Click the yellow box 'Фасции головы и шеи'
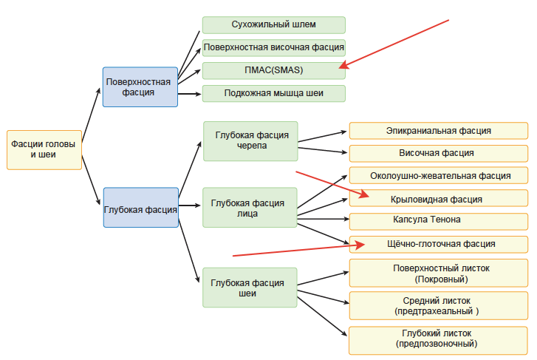(x=44, y=150)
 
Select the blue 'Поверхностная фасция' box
(x=140, y=87)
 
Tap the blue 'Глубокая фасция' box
(x=140, y=210)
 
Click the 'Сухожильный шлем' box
(x=273, y=24)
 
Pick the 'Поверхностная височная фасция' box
(x=273, y=48)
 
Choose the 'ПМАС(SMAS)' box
(x=273, y=71)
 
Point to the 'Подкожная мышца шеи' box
(x=273, y=94)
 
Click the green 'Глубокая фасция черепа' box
(x=250, y=141)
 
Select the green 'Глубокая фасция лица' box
(x=250, y=208)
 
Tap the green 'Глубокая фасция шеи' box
(x=250, y=288)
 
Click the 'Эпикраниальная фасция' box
(x=439, y=131)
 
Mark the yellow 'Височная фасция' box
(x=439, y=154)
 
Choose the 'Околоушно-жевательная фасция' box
(x=439, y=176)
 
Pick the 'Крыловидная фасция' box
(x=439, y=199)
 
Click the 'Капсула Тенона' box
(x=439, y=221)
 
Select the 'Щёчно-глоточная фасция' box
(x=439, y=244)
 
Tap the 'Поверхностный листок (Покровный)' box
(x=439, y=274)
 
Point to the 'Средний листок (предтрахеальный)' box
(x=439, y=306)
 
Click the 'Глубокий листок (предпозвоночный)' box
(x=439, y=339)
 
